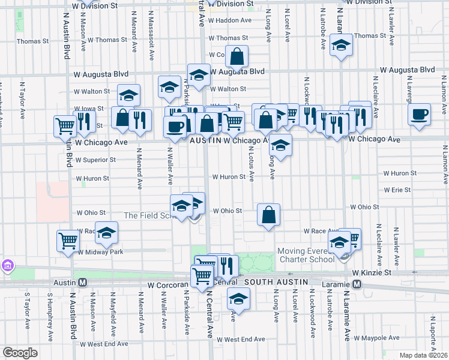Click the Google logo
[20, 353]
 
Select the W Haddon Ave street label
[229, 20]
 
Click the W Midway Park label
[100, 252]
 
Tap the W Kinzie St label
[372, 272]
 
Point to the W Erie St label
[397, 190]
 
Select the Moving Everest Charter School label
[306, 255]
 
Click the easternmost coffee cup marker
[419, 113]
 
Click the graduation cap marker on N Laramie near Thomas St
[341, 46]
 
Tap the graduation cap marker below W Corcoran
[238, 299]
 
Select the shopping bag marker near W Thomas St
[237, 57]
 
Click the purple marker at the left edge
[7, 265]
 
